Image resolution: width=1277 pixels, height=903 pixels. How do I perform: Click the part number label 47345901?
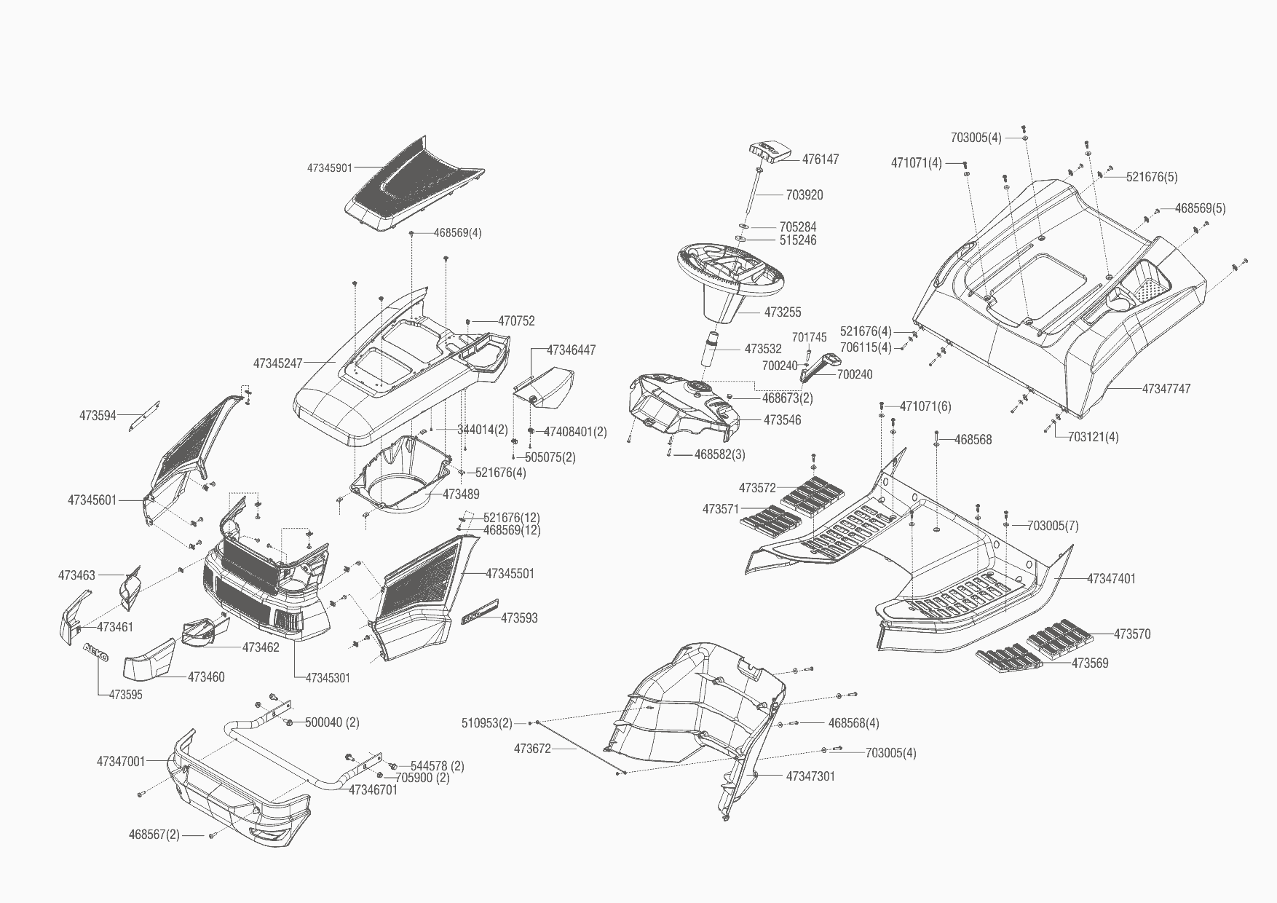(329, 168)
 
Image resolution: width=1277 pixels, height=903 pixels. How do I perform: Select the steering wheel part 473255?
(731, 277)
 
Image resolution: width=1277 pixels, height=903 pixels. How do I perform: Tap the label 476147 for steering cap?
(820, 159)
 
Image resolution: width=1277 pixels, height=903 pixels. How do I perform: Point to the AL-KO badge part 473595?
(95, 652)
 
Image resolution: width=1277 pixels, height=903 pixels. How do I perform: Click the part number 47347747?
(1166, 389)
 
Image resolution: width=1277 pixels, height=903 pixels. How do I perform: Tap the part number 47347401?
(1111, 579)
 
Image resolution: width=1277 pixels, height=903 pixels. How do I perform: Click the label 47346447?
(571, 350)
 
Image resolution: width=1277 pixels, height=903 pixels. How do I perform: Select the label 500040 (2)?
(332, 722)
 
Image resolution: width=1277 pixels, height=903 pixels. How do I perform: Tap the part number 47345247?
(278, 363)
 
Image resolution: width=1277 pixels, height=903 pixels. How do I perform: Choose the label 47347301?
(810, 776)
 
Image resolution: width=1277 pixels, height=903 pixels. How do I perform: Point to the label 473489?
(461, 494)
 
